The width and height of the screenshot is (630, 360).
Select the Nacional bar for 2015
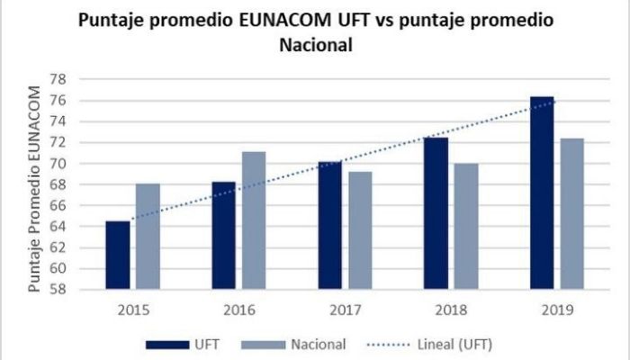pyautogui.click(x=148, y=237)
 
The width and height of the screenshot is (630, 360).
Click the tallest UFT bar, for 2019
pyautogui.click(x=542, y=193)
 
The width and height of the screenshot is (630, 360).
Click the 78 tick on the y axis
pyautogui.click(x=59, y=79)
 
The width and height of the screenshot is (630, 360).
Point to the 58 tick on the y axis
pyautogui.click(x=59, y=289)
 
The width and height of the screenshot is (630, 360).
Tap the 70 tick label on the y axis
pyautogui.click(x=59, y=163)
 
